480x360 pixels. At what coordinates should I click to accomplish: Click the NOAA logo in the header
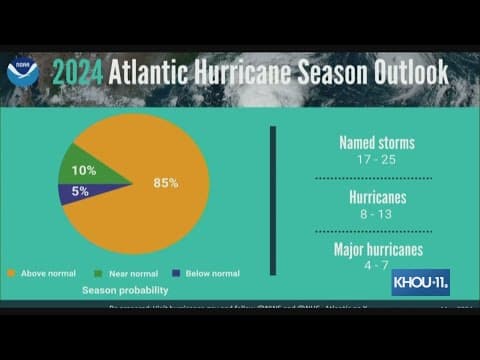(x=20, y=72)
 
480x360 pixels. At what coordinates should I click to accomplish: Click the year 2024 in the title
(x=77, y=72)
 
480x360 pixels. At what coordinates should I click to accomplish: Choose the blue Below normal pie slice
(x=75, y=192)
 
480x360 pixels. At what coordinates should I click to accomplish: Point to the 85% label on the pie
(x=166, y=182)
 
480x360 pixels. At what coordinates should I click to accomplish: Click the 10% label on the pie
(x=84, y=169)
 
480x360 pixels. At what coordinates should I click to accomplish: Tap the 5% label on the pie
(x=79, y=191)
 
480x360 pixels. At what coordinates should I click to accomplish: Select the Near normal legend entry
(x=122, y=272)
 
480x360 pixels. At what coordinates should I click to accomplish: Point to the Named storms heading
(x=376, y=143)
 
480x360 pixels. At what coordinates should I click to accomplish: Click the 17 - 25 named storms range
(x=376, y=160)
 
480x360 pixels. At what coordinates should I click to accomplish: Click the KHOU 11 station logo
(x=420, y=280)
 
